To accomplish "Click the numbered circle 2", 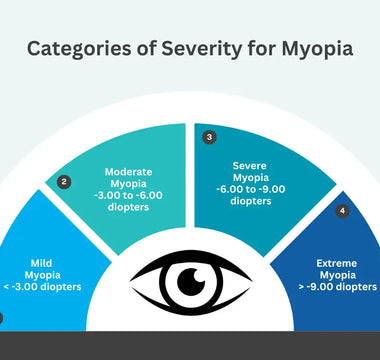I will (x=65, y=181).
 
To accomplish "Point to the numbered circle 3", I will (x=209, y=136).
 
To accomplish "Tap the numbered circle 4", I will (x=342, y=211).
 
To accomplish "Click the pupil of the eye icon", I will (x=190, y=282).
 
